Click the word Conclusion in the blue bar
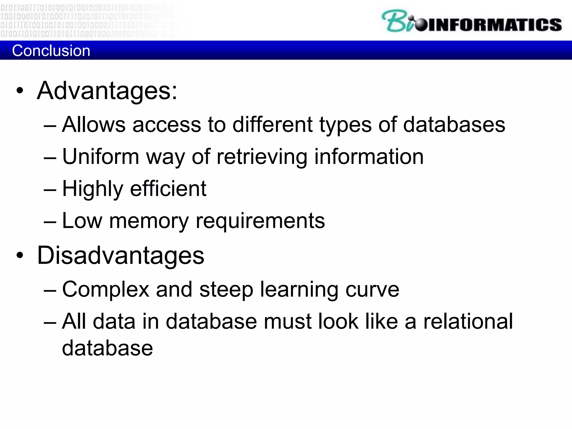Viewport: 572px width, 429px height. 51,51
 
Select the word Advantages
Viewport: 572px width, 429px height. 107,91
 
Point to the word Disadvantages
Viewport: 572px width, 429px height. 121,255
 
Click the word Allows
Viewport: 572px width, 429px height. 94,125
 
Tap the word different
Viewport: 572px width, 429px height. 272,125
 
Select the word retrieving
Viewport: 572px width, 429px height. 262,157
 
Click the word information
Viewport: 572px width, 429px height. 369,157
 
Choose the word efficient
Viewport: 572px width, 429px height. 168,189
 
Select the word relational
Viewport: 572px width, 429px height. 468,321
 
